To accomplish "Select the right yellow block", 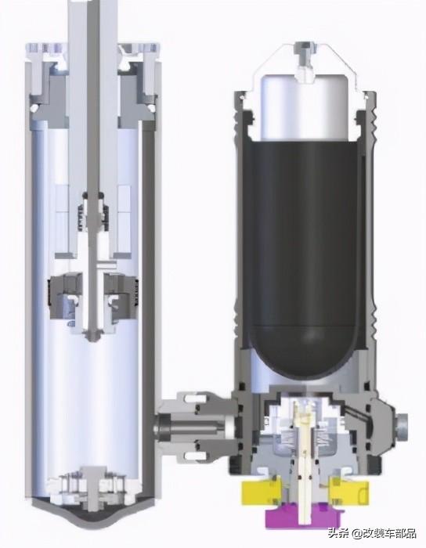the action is tap(349, 492).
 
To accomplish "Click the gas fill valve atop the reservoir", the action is tap(303, 61).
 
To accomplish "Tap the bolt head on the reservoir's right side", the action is tap(401, 424).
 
